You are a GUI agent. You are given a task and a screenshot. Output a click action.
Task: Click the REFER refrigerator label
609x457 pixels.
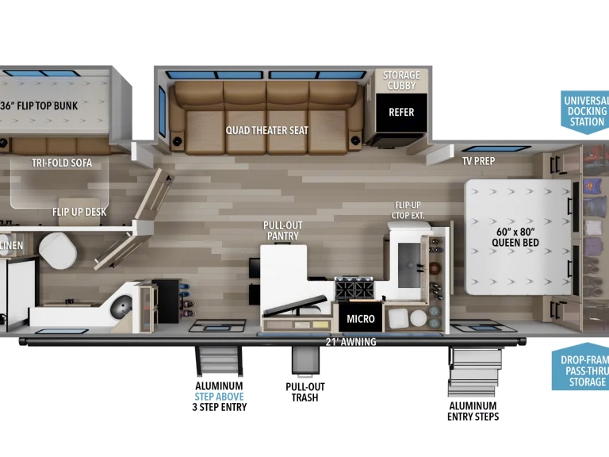pos(400,112)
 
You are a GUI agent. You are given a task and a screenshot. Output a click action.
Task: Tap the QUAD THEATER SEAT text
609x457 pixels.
pos(266,130)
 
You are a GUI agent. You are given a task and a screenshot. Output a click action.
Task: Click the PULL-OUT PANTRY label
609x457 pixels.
pos(282,231)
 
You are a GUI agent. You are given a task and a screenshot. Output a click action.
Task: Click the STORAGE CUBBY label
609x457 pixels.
pos(401,80)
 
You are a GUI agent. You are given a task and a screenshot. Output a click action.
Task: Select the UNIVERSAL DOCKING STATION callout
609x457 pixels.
pos(587,111)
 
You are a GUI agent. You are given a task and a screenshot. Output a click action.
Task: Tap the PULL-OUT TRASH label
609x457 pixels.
pos(304,392)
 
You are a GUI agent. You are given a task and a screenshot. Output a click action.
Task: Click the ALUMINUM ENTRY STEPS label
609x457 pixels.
pos(473,410)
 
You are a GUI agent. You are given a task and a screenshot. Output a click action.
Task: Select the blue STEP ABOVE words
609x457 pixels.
pos(220,396)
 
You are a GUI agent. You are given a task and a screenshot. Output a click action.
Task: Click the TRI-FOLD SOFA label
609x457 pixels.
pos(62,163)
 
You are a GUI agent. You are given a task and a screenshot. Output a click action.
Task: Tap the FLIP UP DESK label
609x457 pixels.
pos(79,212)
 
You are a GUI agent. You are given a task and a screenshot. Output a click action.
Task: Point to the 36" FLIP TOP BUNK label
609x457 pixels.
pos(49,106)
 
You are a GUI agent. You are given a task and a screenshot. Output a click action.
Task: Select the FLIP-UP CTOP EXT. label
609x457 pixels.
pos(409,209)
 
